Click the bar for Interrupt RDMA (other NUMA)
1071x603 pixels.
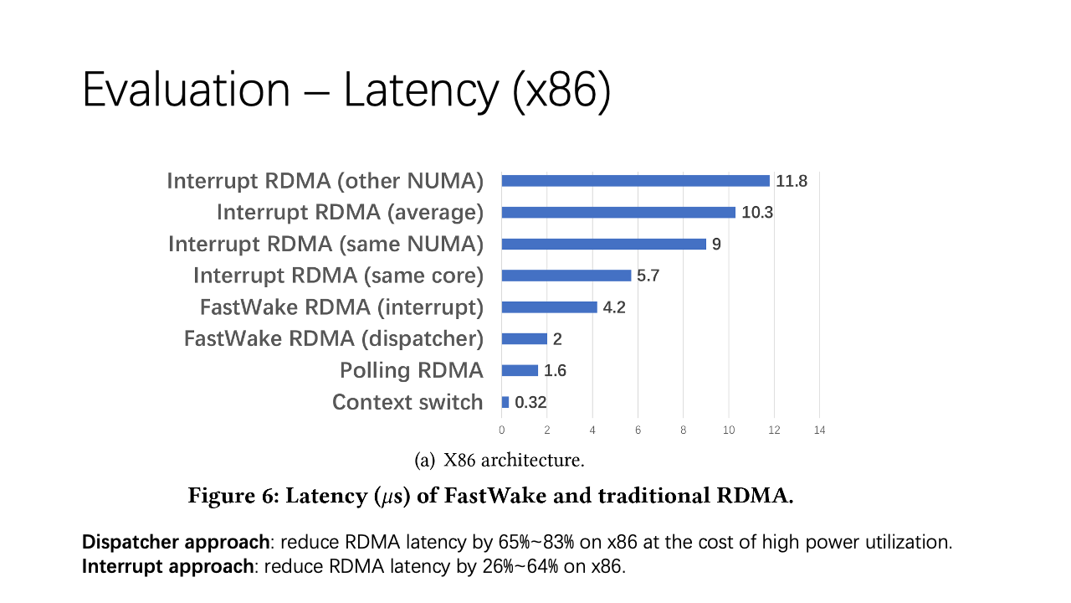pyautogui.click(x=635, y=181)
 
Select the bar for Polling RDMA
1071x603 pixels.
pyautogui.click(x=520, y=370)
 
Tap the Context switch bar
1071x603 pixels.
pyautogui.click(x=505, y=402)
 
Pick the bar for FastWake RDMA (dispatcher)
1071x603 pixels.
pyautogui.click(x=524, y=338)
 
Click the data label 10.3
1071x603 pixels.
pyautogui.click(x=757, y=213)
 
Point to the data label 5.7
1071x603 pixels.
pyautogui.click(x=648, y=276)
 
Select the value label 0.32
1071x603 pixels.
pyautogui.click(x=530, y=403)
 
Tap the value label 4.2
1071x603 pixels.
pyautogui.click(x=614, y=307)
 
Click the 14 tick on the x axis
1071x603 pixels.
pyautogui.click(x=818, y=430)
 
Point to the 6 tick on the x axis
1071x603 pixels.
pyautogui.click(x=638, y=430)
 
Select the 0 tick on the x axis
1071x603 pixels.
pyautogui.click(x=502, y=430)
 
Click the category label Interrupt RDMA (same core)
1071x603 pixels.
pyautogui.click(x=338, y=276)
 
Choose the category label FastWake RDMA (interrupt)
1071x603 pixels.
pyautogui.click(x=341, y=307)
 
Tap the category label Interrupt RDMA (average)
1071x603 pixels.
pyautogui.click(x=350, y=213)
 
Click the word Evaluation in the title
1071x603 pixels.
pyautogui.click(x=186, y=90)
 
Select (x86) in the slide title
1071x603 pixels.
pyautogui.click(x=561, y=90)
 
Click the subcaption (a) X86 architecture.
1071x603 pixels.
pyautogui.click(x=500, y=460)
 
